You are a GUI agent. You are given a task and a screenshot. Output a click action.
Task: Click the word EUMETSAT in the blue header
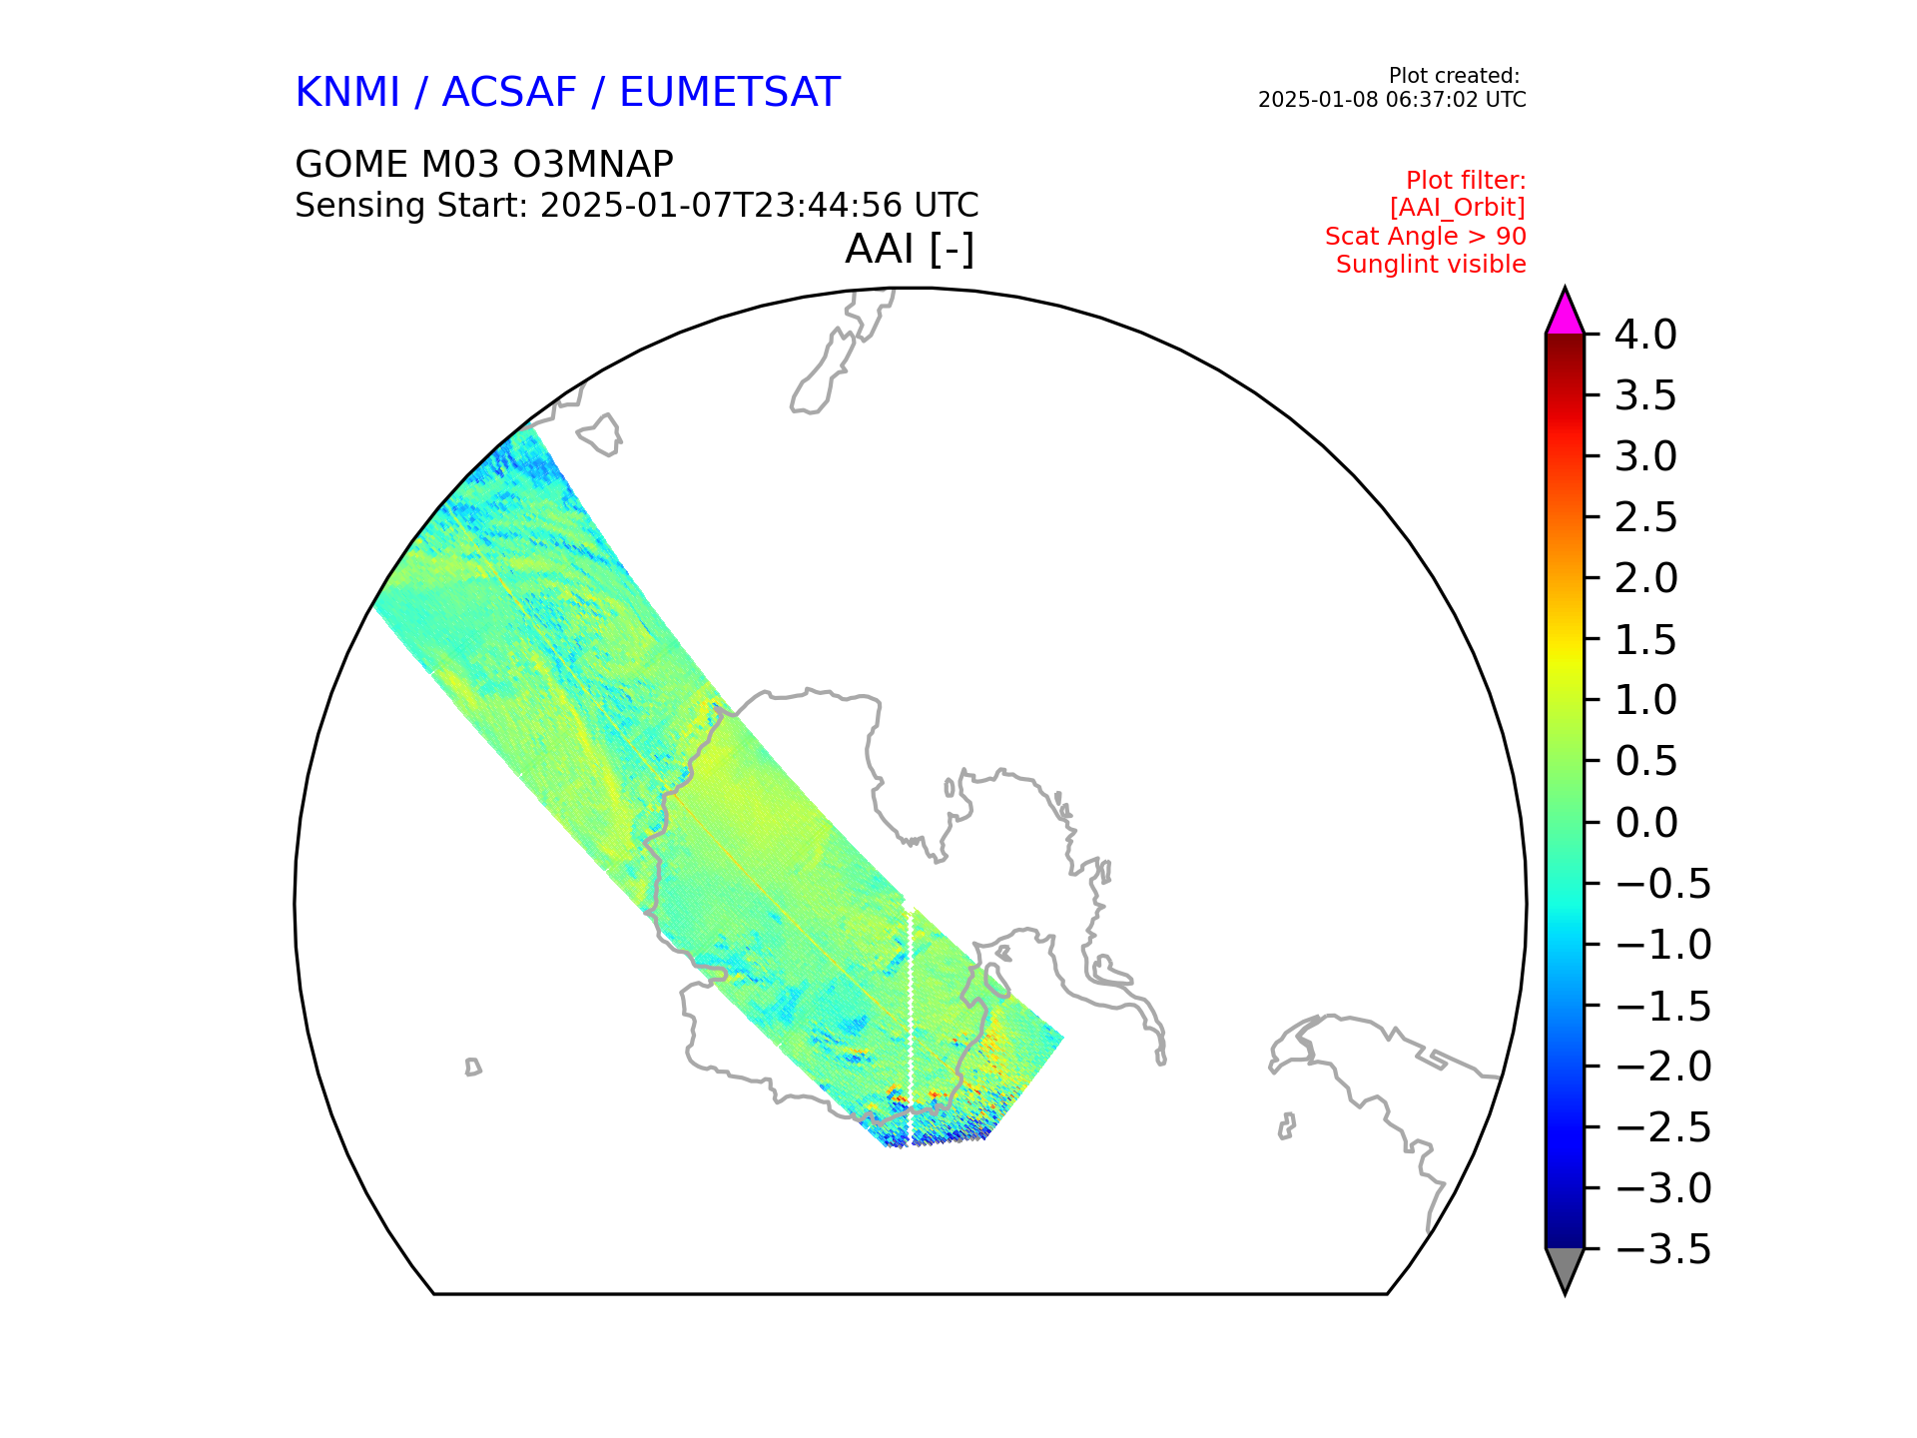pos(730,93)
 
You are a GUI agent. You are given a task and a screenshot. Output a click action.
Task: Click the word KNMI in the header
pos(347,93)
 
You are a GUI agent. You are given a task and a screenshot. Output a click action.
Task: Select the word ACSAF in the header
pos(509,93)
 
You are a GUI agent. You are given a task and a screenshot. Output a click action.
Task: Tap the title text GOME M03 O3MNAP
pos(484,164)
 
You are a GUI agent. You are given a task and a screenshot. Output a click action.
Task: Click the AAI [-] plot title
pos(910,250)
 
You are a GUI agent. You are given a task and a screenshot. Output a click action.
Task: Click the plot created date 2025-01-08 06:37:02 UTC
pos(1392,100)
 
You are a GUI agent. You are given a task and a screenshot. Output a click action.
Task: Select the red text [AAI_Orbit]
pos(1458,208)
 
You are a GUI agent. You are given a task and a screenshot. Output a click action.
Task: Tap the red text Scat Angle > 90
pos(1426,237)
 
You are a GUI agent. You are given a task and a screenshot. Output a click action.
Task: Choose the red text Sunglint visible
pos(1431,265)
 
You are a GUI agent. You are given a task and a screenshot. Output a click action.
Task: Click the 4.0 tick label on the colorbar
pos(1646,336)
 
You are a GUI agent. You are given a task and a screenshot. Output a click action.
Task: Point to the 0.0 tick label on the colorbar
pos(1646,823)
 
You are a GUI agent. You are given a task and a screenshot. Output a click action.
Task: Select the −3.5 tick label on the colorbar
pos(1663,1249)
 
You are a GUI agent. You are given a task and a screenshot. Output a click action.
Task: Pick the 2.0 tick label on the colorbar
pos(1646,579)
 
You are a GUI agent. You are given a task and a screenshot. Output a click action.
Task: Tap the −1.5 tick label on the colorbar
pos(1663,1006)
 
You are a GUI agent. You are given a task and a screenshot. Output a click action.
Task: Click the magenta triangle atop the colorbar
pos(1565,316)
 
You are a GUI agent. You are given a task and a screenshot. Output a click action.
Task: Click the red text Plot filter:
pos(1466,181)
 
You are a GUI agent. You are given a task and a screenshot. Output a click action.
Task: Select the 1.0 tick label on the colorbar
pos(1646,701)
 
